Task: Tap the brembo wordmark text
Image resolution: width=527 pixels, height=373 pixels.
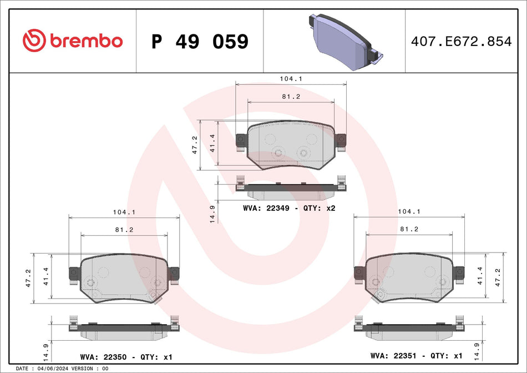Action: (86, 41)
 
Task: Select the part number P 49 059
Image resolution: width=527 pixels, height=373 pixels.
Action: (200, 41)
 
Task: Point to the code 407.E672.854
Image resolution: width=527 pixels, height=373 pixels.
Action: (460, 41)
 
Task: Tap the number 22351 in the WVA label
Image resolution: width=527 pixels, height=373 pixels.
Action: (407, 355)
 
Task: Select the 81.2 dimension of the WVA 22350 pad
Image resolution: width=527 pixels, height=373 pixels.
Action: (124, 229)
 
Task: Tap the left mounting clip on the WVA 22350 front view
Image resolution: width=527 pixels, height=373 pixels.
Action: (73, 274)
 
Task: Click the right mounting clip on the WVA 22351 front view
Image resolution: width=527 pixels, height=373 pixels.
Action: (459, 273)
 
